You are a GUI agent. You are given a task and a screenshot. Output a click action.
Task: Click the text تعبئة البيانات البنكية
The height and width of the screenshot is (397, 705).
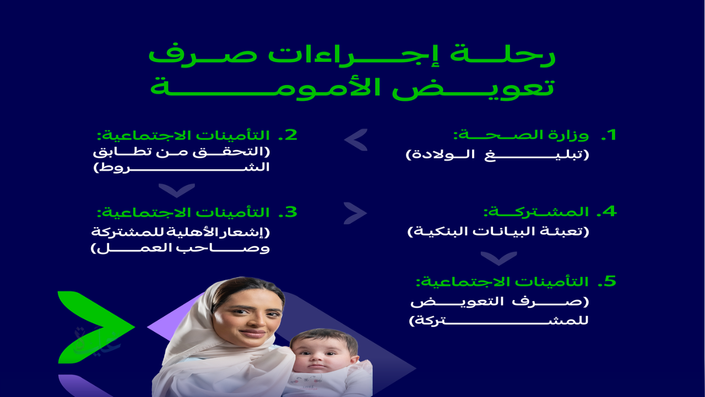tap(498, 232)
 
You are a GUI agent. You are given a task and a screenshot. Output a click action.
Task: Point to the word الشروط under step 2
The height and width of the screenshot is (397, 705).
tap(182, 169)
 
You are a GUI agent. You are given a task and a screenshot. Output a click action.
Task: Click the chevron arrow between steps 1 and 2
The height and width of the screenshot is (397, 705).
tap(356, 140)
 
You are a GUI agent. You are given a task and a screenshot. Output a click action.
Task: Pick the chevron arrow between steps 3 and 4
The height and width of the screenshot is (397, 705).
tap(356, 213)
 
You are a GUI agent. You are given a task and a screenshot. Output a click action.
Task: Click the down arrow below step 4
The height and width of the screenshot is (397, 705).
tap(498, 258)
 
